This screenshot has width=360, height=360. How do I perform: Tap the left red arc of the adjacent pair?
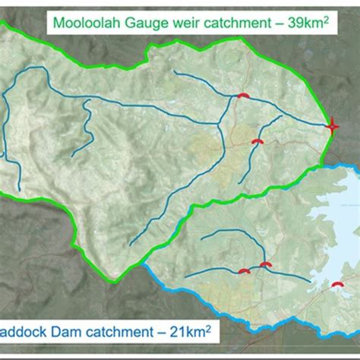pos(245,271)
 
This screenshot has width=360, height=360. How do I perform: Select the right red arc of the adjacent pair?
pos(265,264)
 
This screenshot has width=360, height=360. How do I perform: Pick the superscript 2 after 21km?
pos(207,328)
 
